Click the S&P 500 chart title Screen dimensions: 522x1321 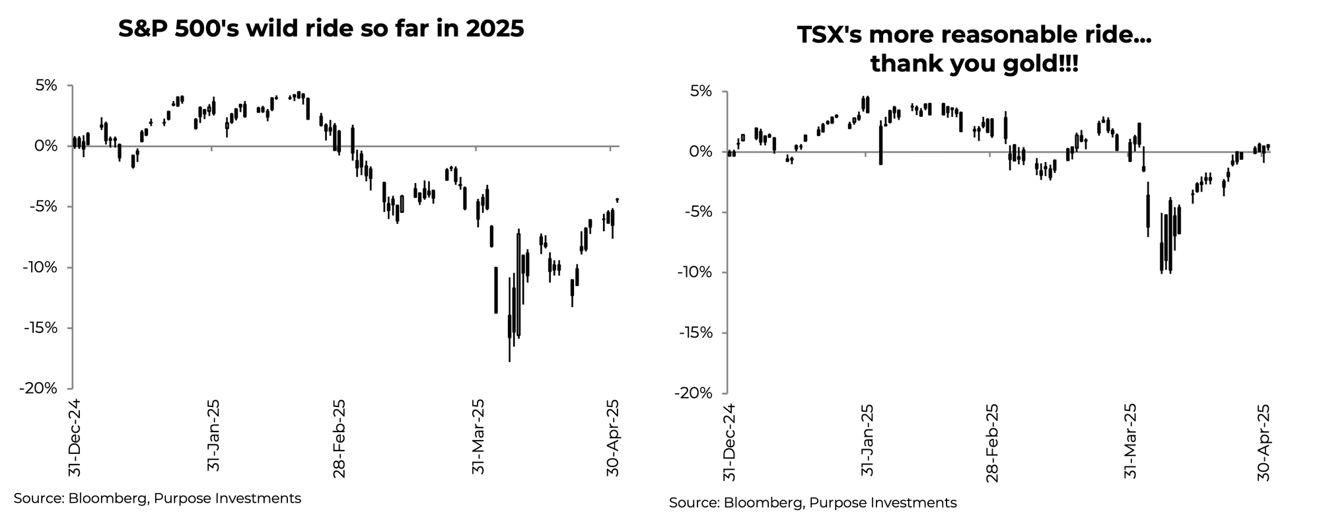321,29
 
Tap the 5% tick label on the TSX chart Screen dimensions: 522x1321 701,91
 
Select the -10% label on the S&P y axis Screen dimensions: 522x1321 39,268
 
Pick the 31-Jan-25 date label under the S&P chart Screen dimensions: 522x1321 213,435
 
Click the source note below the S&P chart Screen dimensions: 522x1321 157,498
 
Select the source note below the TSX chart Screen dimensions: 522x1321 812,503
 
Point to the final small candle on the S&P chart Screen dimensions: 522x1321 617,200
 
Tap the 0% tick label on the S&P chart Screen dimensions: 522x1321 46,146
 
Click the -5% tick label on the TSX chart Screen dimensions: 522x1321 698,212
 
